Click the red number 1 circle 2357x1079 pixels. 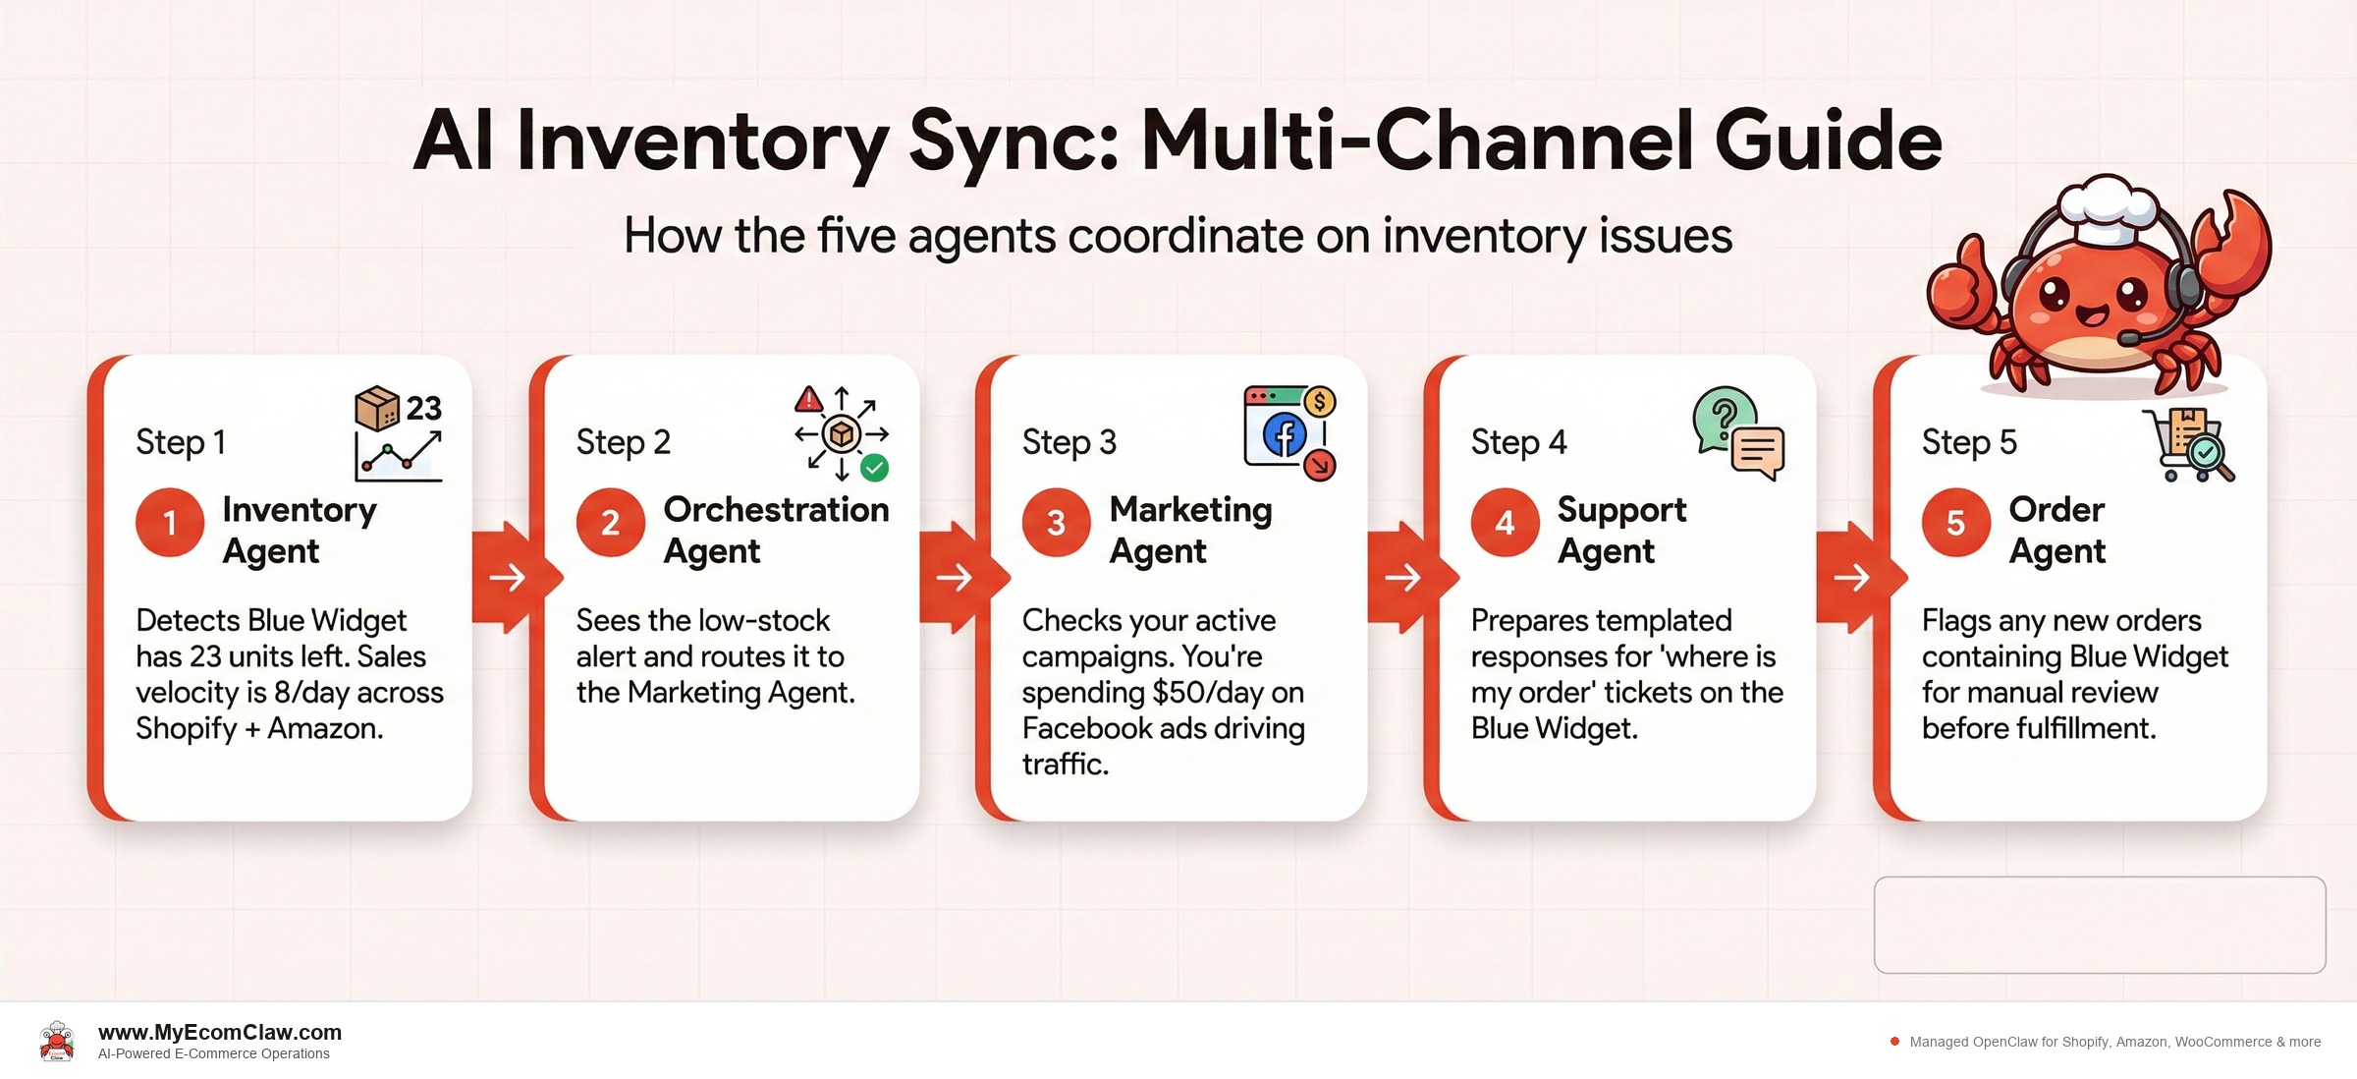tap(170, 523)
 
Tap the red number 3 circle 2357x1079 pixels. tap(1056, 523)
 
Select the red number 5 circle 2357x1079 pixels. tap(1955, 523)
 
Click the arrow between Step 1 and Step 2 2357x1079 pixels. tap(507, 577)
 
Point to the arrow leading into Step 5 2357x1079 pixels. tap(1851, 577)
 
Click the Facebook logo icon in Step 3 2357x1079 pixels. tap(1285, 435)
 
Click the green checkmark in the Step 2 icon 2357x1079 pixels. tap(874, 468)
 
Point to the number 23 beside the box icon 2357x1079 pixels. tap(423, 408)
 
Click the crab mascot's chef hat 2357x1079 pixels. tap(2108, 208)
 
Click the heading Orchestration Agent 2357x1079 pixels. tap(776, 530)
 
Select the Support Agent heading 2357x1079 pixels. tap(1621, 530)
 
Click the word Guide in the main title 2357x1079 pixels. tap(1829, 141)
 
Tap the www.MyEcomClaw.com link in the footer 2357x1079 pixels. tap(220, 1032)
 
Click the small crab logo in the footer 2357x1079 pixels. tap(57, 1042)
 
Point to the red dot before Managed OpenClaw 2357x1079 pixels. tap(1894, 1042)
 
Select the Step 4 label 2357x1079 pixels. tap(1518, 442)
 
